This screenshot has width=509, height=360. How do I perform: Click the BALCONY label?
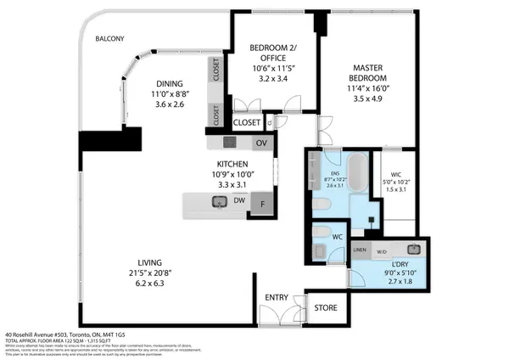(x=110, y=39)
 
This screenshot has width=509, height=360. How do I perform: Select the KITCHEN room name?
(x=232, y=164)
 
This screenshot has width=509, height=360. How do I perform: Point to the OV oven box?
(x=262, y=142)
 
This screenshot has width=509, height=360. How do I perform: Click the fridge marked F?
(x=263, y=204)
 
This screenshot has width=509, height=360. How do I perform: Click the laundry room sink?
(x=414, y=250)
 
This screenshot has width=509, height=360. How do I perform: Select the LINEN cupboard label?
(x=360, y=250)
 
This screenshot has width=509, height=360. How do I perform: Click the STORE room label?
(x=326, y=307)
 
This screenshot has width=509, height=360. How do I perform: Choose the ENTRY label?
(x=277, y=297)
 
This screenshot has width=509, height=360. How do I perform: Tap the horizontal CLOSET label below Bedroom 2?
(x=247, y=122)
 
